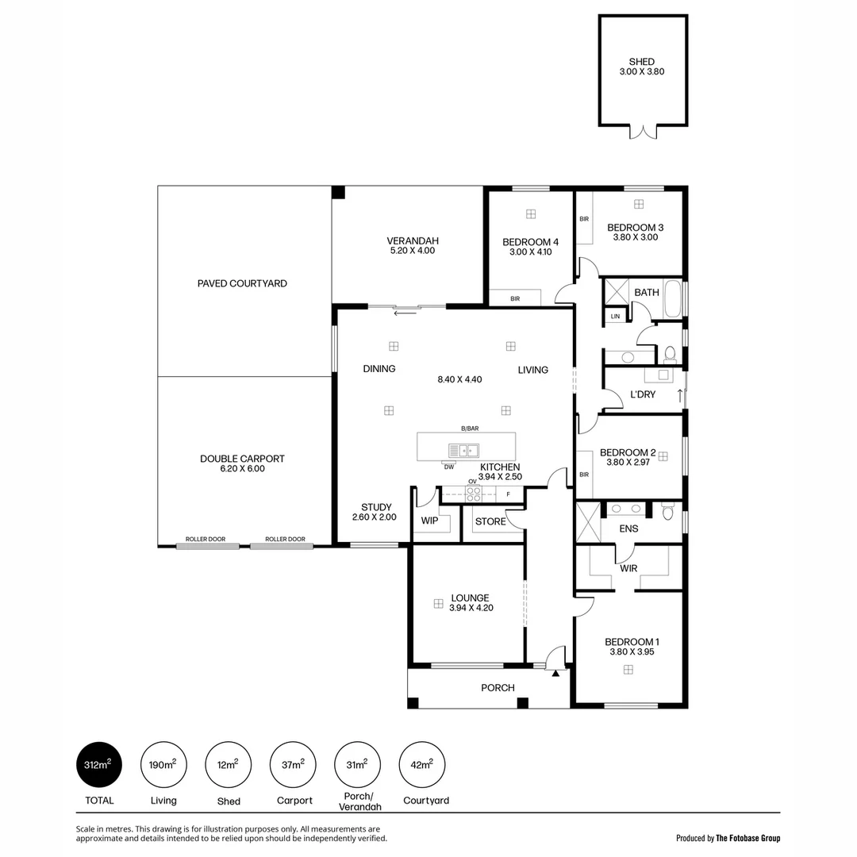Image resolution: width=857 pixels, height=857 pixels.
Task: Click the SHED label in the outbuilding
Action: pyautogui.click(x=641, y=62)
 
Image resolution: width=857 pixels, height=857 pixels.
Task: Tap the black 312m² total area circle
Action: pyautogui.click(x=99, y=765)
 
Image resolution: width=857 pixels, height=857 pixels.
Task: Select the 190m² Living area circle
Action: pyautogui.click(x=163, y=765)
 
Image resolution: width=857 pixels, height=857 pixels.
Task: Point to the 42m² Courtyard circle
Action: pyautogui.click(x=422, y=765)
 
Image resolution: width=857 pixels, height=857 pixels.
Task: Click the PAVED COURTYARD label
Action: pyautogui.click(x=242, y=283)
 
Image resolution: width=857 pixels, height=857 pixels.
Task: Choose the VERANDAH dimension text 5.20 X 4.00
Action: pyautogui.click(x=413, y=251)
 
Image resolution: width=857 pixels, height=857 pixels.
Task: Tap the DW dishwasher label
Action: pyautogui.click(x=449, y=467)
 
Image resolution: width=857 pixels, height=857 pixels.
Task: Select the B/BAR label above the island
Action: pyautogui.click(x=471, y=428)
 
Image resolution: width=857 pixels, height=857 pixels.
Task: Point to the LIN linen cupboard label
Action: pyautogui.click(x=615, y=317)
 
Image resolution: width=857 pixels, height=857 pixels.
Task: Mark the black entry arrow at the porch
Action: pyautogui.click(x=555, y=674)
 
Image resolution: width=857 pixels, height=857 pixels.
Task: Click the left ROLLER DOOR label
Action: pyautogui.click(x=206, y=540)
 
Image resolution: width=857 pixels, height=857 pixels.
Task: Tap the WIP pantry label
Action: pyautogui.click(x=429, y=521)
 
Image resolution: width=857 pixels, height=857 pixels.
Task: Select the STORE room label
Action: pyautogui.click(x=490, y=521)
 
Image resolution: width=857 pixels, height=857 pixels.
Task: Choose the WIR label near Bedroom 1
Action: pyautogui.click(x=629, y=568)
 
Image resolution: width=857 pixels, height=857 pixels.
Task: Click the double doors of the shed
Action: pyautogui.click(x=644, y=132)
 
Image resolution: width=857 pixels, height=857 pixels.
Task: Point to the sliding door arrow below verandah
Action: pyautogui.click(x=405, y=313)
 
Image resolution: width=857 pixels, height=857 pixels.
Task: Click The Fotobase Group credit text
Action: pyautogui.click(x=748, y=838)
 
